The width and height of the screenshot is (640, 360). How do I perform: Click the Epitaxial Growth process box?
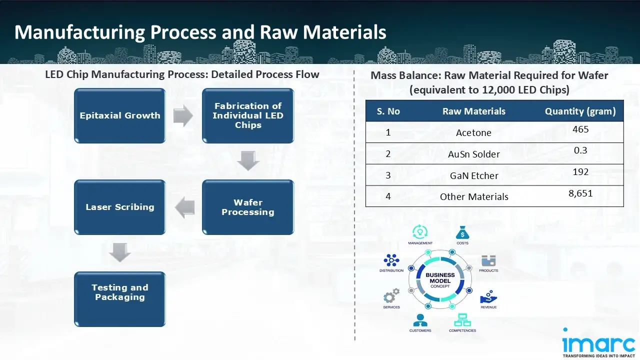120,116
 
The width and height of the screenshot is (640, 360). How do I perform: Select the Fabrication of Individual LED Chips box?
248,116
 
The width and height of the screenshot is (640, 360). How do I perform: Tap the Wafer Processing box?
248,207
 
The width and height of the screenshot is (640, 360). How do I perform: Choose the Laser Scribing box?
120,207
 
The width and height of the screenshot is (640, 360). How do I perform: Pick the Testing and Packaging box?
120,299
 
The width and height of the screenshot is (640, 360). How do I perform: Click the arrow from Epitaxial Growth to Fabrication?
183,116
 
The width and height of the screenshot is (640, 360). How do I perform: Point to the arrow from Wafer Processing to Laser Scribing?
185,207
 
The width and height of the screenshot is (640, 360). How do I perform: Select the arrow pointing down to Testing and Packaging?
120,252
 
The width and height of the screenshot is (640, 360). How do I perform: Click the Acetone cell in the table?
473,133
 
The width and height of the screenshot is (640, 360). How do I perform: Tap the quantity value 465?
580,129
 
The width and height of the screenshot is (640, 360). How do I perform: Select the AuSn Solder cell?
473,154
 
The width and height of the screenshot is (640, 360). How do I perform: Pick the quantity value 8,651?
580,193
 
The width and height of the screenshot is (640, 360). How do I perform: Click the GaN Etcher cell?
473,176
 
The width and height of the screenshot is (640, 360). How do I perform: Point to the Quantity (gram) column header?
580,111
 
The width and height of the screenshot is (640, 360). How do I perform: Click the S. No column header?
388,111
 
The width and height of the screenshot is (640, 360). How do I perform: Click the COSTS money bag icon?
462,232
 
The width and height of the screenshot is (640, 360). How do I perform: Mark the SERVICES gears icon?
391,295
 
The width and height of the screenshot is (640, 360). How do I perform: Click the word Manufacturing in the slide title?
79,32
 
